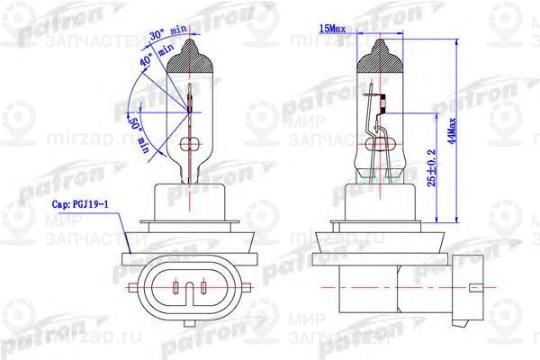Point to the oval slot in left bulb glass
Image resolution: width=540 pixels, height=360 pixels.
coord(191,144)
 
